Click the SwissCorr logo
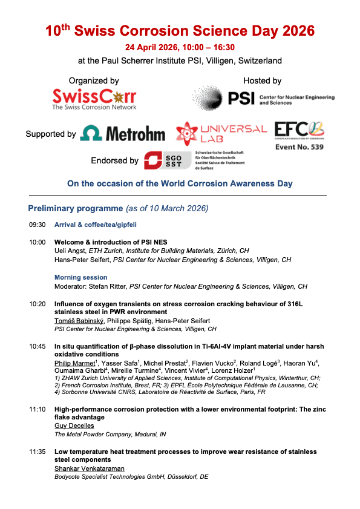[x=94, y=99]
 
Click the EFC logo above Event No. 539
[x=299, y=130]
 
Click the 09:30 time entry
[x=37, y=225]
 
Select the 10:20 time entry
[x=37, y=304]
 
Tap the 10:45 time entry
[x=37, y=347]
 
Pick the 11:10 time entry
[x=37, y=410]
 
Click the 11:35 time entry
[x=37, y=452]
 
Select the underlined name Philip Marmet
[x=75, y=363]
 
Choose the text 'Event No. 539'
[x=299, y=146]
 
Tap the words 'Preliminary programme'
[x=75, y=209]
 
